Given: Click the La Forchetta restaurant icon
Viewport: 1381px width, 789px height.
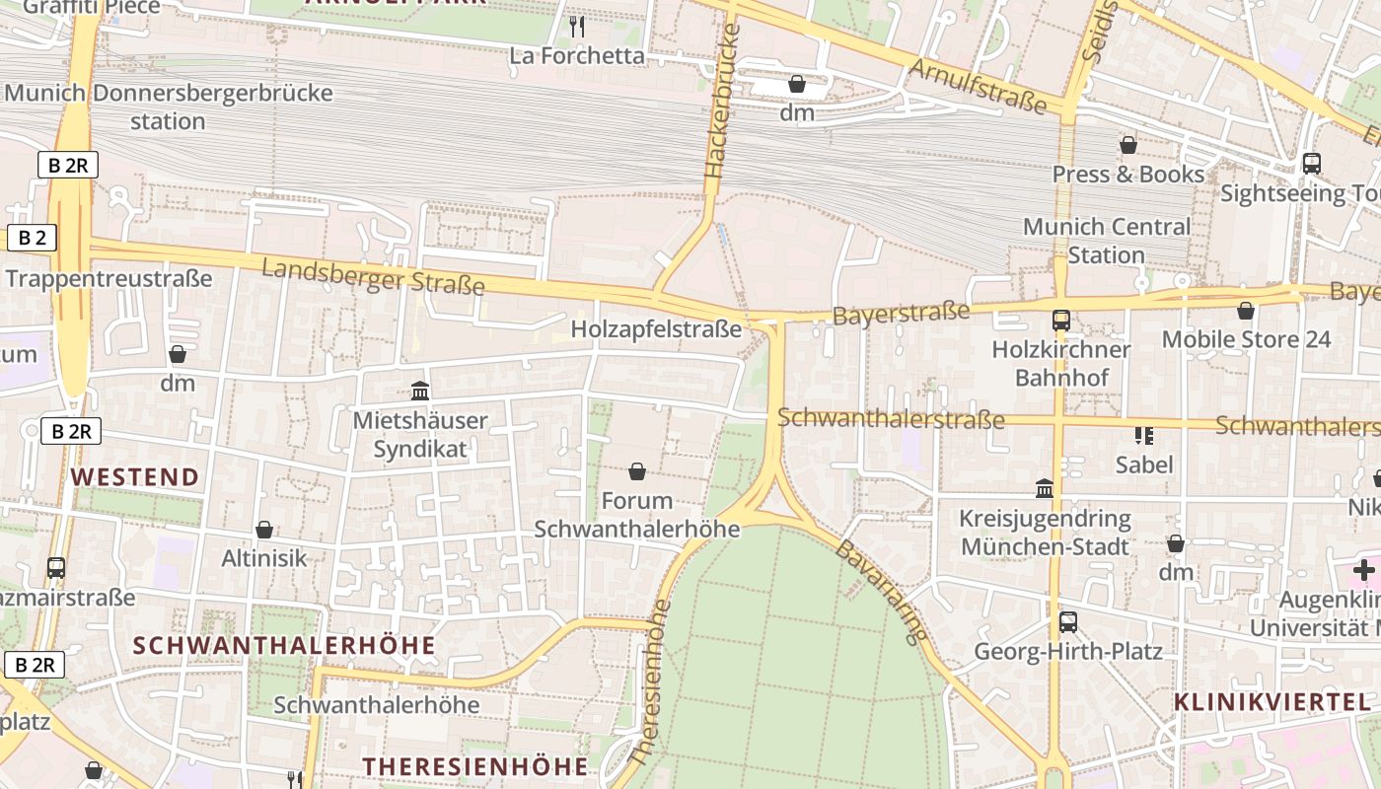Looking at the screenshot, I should click(x=578, y=27).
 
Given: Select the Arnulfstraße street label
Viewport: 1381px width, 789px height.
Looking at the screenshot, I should click(x=977, y=86).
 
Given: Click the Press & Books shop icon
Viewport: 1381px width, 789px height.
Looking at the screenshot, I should click(x=1128, y=146).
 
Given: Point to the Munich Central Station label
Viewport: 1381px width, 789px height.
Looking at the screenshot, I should click(x=1106, y=241).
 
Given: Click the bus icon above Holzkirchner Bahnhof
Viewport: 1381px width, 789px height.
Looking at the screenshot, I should click(x=1061, y=321).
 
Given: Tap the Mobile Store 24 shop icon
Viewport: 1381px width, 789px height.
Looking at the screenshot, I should click(x=1246, y=312).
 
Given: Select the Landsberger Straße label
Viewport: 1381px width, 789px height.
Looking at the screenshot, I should click(x=373, y=276).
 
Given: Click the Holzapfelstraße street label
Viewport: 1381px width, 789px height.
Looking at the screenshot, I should click(x=655, y=328).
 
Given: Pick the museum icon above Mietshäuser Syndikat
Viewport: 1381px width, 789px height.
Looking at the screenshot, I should click(x=420, y=392).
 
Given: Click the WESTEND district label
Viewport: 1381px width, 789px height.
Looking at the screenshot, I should click(x=135, y=477).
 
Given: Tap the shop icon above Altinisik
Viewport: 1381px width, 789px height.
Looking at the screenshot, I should click(x=263, y=531).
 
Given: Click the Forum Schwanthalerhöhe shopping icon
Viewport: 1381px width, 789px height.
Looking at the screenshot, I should click(x=637, y=472).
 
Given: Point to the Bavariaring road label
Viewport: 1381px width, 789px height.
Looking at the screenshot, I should click(x=882, y=592).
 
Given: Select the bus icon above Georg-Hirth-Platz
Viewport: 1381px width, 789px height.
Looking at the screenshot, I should click(x=1068, y=622).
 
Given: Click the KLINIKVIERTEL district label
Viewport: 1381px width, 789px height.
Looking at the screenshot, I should click(x=1272, y=702).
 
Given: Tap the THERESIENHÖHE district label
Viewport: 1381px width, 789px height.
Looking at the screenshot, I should click(x=474, y=766).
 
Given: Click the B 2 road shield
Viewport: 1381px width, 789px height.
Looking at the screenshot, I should click(x=32, y=238).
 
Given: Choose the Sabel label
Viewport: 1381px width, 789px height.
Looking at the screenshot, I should click(x=1144, y=464).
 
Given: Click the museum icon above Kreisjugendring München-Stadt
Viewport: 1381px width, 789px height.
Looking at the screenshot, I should click(x=1045, y=488).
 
